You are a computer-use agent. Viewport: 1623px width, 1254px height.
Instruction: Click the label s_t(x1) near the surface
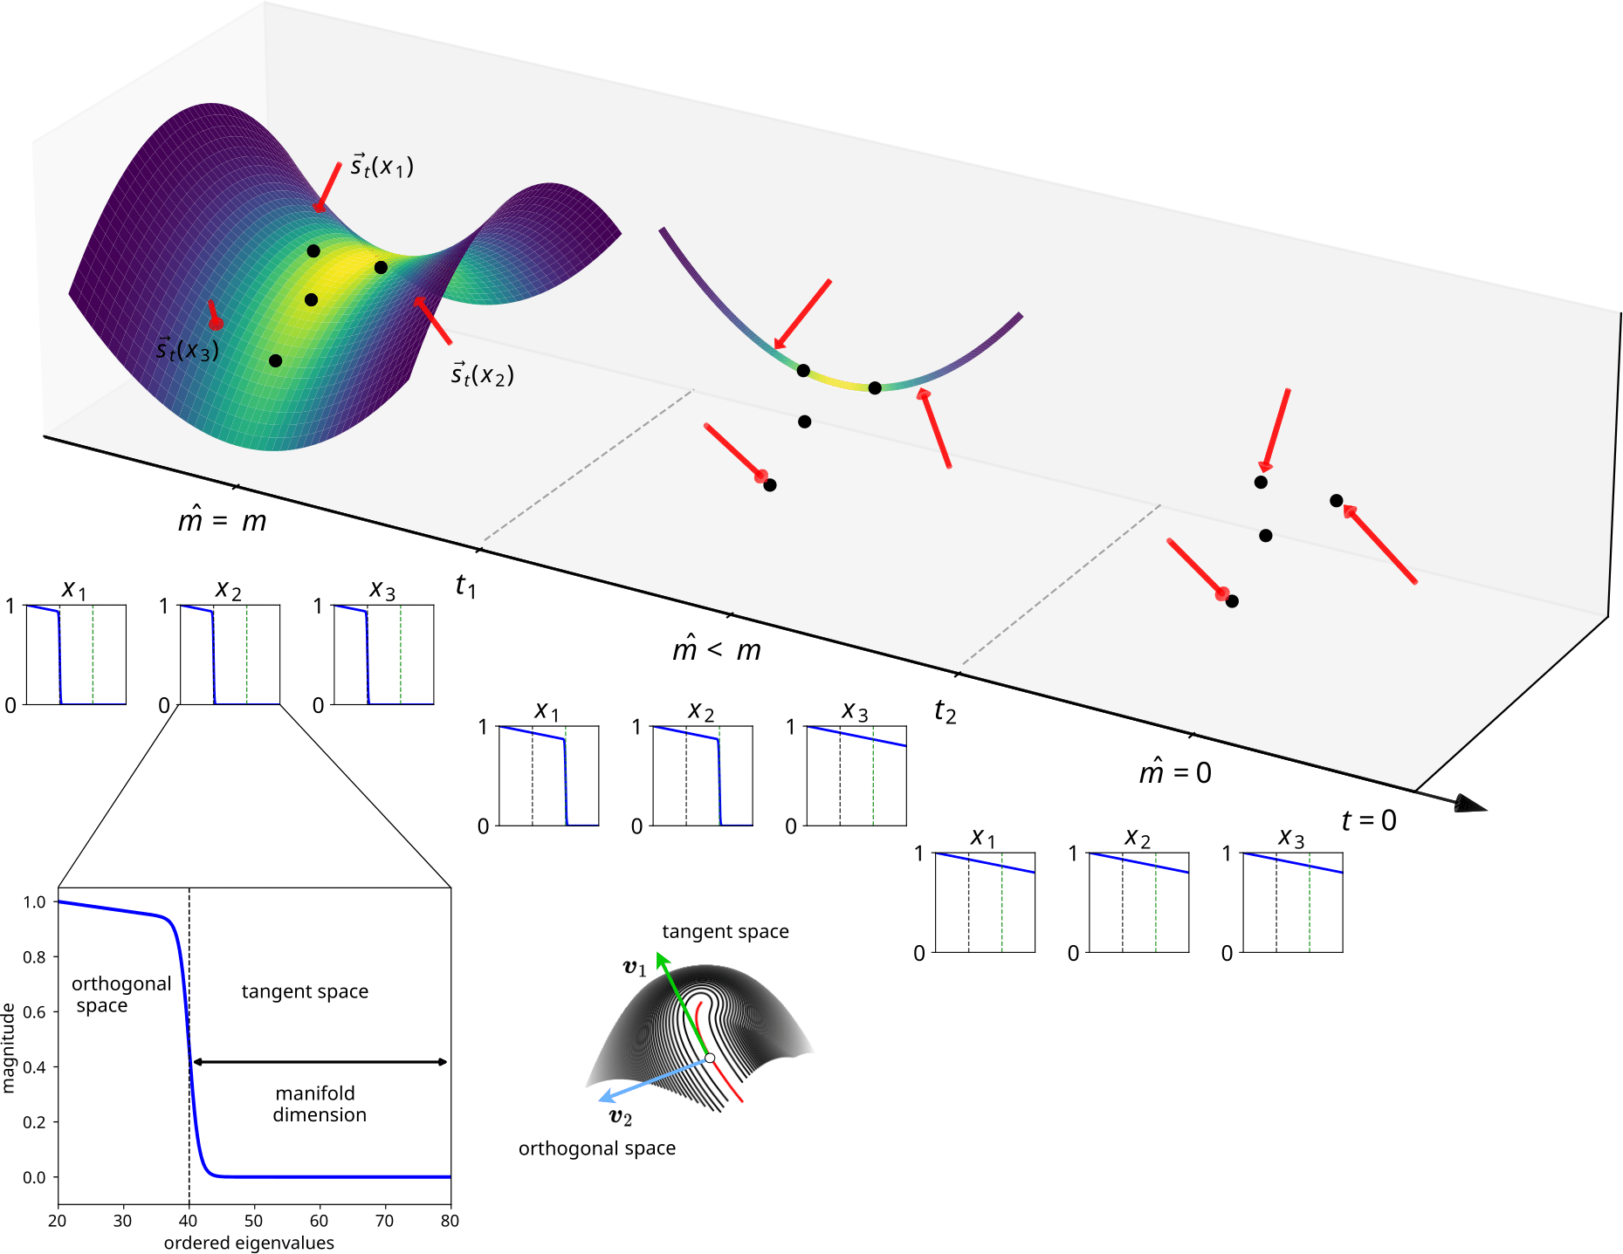(382, 165)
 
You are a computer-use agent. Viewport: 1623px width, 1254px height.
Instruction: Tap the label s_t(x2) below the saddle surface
(482, 374)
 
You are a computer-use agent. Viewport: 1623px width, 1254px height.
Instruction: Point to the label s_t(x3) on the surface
(187, 350)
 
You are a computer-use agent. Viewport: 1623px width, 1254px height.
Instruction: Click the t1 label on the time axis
(465, 586)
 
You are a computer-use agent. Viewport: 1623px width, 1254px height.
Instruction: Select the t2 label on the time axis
(945, 711)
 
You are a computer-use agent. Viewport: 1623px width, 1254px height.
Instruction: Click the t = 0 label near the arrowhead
(1368, 820)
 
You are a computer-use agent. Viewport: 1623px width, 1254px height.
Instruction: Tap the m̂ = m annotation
(222, 519)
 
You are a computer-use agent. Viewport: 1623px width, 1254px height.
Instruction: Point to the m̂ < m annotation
(716, 648)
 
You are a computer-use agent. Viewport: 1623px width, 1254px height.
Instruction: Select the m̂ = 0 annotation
(1174, 771)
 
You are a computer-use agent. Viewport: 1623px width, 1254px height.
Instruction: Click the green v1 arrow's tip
(660, 956)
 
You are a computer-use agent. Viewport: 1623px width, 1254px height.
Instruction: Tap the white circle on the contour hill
(710, 1058)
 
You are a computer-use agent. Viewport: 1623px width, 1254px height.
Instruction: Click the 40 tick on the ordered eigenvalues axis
(189, 1221)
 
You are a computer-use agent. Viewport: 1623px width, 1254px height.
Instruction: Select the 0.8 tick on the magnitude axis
(35, 957)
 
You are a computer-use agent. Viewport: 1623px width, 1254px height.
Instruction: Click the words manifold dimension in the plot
(319, 1104)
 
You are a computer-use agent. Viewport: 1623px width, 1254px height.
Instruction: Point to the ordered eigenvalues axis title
(249, 1243)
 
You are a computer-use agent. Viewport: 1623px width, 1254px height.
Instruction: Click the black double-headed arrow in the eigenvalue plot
(320, 1062)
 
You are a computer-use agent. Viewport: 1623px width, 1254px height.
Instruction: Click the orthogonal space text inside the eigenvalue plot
(120, 994)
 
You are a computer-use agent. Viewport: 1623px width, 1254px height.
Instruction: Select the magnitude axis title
(9, 1047)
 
